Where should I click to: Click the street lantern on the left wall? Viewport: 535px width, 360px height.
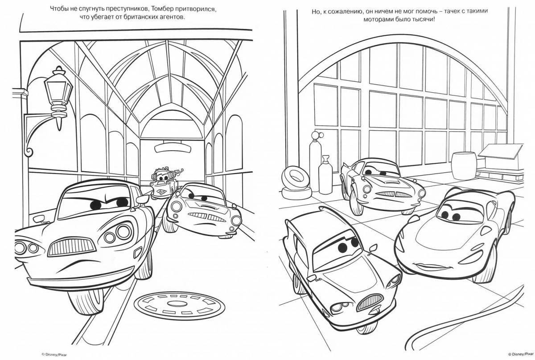pos(58,91)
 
